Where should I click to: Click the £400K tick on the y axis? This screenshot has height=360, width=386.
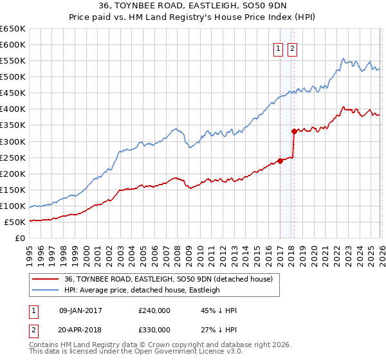pos(13,109)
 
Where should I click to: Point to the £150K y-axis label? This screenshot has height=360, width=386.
pos(13,190)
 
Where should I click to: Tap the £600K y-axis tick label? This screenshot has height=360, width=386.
pos(13,45)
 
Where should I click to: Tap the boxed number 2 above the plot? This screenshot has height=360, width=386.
pos(293,50)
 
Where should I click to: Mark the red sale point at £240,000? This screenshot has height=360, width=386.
pos(280,161)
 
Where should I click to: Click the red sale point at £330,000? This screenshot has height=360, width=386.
pos(294,132)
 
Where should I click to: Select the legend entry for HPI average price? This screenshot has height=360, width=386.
pos(142,290)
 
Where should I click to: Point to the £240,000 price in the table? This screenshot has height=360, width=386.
pos(154,310)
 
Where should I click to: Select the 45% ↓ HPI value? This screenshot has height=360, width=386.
pos(219,310)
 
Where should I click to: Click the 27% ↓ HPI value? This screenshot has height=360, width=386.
pos(219,329)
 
